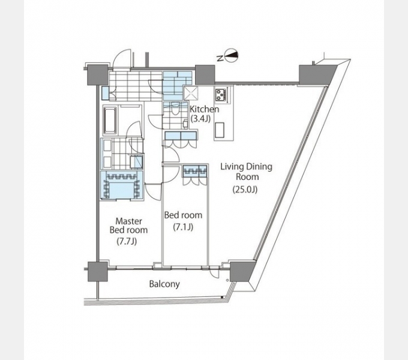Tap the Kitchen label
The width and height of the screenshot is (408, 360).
point(205,109)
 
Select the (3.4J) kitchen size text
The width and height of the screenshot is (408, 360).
point(200,119)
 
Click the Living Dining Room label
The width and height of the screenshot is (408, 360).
point(247,172)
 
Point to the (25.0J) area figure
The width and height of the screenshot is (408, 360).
point(245,190)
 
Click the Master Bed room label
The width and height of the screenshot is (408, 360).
point(128,226)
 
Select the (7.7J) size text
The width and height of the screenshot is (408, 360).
point(127,242)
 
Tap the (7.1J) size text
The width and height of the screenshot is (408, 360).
point(183,227)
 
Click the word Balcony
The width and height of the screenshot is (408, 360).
point(164,284)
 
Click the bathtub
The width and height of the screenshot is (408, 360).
point(110,120)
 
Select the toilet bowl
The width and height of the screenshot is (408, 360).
point(175,110)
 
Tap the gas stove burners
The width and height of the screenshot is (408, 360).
point(221,94)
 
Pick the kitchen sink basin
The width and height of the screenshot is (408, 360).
point(220,130)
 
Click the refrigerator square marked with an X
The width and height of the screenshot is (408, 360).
point(191,93)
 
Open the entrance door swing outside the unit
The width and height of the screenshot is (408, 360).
point(122,59)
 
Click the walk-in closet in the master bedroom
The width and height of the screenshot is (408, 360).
point(122,185)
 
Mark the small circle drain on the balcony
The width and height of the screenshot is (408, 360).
point(227,280)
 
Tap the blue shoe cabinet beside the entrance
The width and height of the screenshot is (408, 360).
point(105,93)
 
